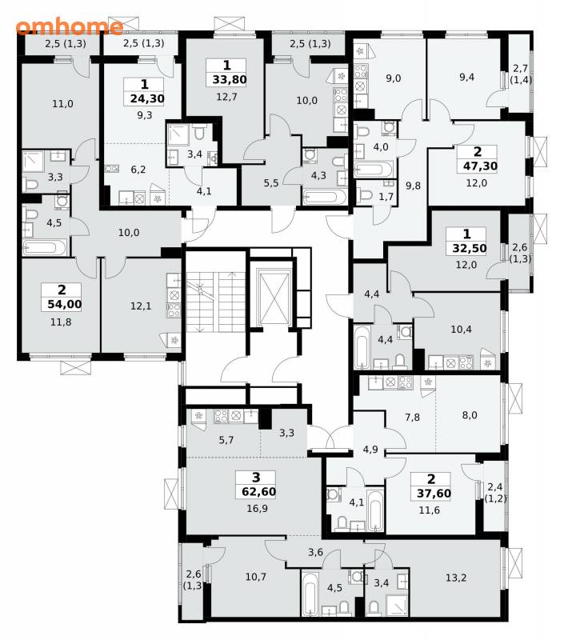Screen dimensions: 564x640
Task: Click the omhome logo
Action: [x=70, y=26]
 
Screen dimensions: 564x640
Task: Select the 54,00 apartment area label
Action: [x=62, y=304]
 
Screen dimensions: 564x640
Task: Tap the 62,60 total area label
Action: [x=258, y=491]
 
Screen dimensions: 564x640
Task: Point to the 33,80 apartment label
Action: [x=229, y=79]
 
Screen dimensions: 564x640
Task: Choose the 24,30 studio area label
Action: [x=147, y=98]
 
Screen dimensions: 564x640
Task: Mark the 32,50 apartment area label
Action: [x=469, y=248]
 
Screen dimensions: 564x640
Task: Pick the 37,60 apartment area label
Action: [x=434, y=494]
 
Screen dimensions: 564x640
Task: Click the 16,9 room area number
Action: [x=257, y=509]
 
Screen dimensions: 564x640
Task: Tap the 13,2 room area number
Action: [x=455, y=578]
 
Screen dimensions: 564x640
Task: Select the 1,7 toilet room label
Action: [x=386, y=197]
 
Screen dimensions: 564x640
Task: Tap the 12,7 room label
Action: [x=226, y=97]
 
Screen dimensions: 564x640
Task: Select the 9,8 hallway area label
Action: [x=413, y=186]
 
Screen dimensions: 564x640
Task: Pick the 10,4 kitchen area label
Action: [x=461, y=329]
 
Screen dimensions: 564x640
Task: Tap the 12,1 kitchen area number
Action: [x=141, y=306]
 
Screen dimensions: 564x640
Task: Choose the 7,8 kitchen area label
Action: [x=412, y=417]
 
